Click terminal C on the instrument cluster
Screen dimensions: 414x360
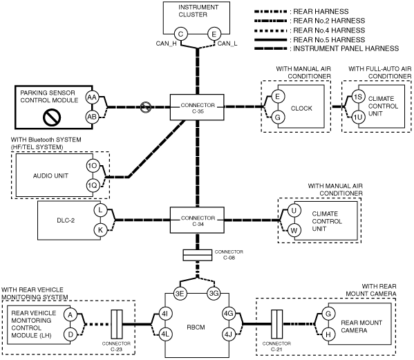point(181,34)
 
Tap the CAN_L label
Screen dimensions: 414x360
point(227,44)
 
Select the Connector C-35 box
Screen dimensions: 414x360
point(197,107)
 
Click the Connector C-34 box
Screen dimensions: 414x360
point(197,220)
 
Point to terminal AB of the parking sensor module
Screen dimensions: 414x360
point(92,117)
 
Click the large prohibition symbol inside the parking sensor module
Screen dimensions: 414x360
point(52,117)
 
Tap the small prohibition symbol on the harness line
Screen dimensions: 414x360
point(146,107)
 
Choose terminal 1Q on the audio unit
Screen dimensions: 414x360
point(93,186)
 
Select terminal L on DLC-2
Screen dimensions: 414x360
point(100,210)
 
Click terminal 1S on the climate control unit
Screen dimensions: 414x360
point(358,97)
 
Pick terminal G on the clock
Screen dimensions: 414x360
point(278,117)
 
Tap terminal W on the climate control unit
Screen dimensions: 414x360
point(294,230)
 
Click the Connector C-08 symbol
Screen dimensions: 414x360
point(198,255)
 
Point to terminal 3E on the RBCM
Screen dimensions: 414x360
point(180,294)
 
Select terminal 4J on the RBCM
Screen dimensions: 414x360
point(228,334)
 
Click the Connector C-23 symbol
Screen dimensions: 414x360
point(116,324)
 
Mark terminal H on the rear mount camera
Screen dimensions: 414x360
point(328,334)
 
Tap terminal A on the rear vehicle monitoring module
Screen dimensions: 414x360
point(70,314)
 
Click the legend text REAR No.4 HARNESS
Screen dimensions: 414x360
point(329,30)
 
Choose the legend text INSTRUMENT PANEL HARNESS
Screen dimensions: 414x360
point(346,48)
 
